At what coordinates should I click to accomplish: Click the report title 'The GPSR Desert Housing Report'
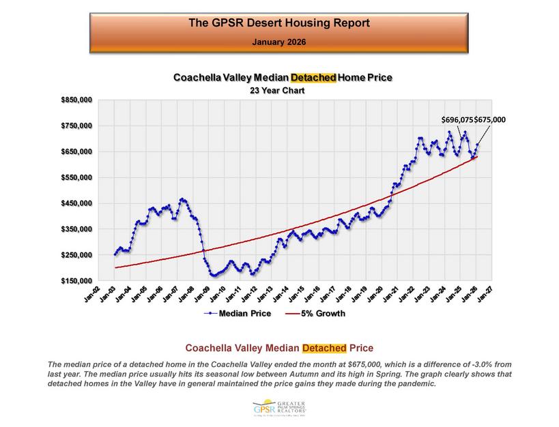click(x=278, y=23)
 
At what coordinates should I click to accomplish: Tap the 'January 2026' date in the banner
click(x=278, y=42)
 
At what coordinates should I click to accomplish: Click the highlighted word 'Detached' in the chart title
click(x=313, y=78)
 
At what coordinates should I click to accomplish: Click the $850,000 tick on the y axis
click(x=76, y=100)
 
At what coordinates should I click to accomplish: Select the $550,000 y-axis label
click(x=76, y=177)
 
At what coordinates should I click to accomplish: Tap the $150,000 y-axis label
click(x=76, y=280)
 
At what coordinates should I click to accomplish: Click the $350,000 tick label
click(x=76, y=229)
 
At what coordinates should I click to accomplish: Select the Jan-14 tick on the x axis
click(x=281, y=295)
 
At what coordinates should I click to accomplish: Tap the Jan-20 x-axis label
click(x=375, y=295)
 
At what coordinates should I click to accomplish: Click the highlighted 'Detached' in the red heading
click(x=324, y=348)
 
